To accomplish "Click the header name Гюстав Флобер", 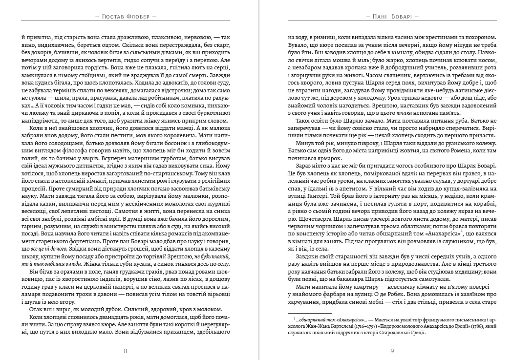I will (128, 16).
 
